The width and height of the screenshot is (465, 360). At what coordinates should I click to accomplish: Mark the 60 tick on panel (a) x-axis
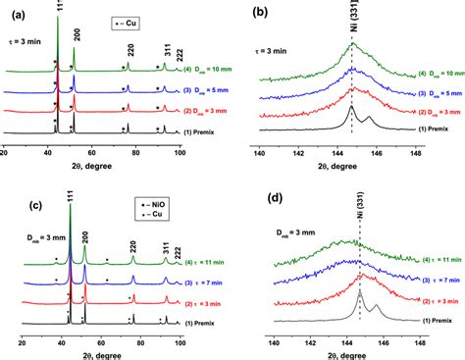tap(92, 154)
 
